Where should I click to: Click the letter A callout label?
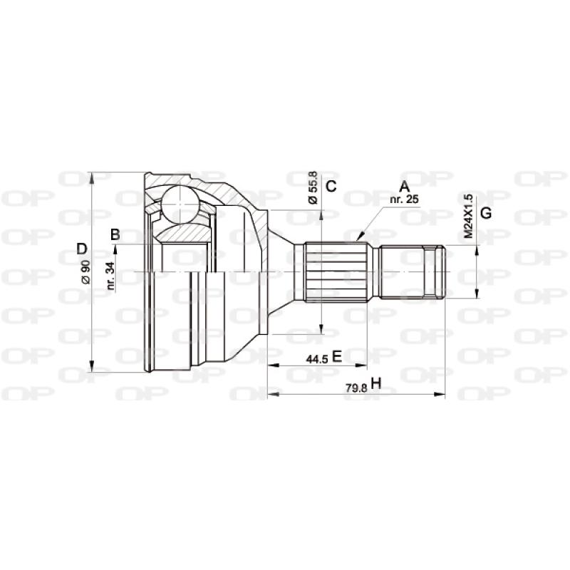404,187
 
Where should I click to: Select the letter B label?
115,234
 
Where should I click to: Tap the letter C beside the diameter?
331,187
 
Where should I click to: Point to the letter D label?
82,249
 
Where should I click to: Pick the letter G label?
485,213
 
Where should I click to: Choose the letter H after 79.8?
376,385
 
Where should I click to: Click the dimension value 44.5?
317,358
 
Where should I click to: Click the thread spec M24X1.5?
468,215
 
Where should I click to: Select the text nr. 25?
404,200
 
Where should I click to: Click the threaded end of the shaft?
413,271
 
